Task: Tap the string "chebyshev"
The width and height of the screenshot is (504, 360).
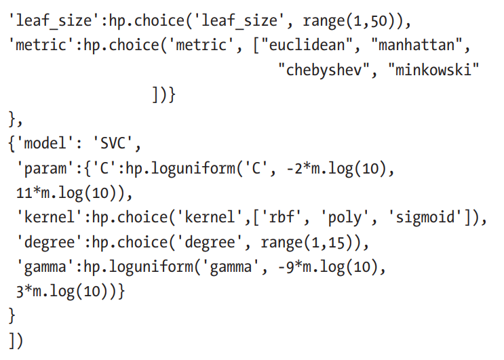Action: coord(326,70)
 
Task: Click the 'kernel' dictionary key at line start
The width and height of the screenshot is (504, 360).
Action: coord(45,218)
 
